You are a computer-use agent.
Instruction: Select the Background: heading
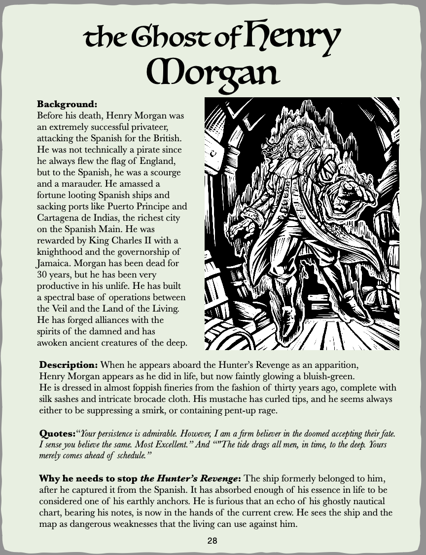(x=67, y=105)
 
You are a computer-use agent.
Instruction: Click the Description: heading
(x=69, y=365)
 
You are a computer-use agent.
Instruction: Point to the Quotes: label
(x=56, y=434)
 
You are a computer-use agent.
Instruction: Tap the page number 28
(x=213, y=541)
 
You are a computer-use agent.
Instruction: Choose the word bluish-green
(x=323, y=377)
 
